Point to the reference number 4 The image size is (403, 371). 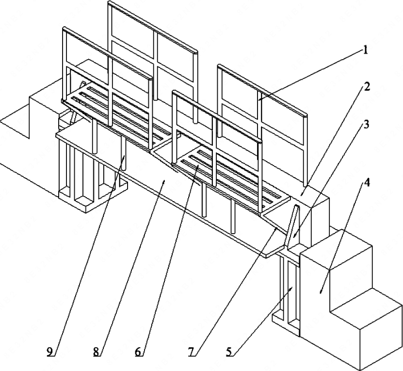(367, 183)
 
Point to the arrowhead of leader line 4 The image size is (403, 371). (321, 293)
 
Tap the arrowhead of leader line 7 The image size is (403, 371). (277, 227)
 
